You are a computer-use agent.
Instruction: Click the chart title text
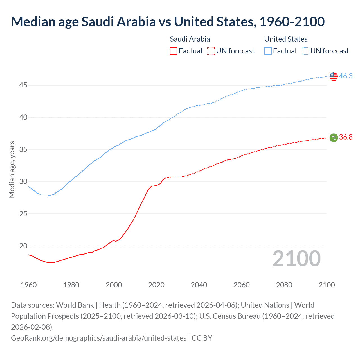point(168,22)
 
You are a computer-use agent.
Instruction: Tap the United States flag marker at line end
point(333,76)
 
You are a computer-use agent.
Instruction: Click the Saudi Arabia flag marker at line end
point(333,138)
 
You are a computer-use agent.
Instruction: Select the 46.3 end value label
point(346,76)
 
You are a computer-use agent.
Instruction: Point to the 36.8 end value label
point(346,137)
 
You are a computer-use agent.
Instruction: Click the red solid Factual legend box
point(174,51)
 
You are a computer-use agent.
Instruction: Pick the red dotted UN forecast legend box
point(211,51)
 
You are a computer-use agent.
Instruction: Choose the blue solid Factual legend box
point(268,51)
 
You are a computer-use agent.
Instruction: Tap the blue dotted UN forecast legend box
point(305,51)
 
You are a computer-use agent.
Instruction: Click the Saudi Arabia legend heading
point(190,39)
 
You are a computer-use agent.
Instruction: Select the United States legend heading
point(286,39)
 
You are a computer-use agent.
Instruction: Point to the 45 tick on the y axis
point(23,85)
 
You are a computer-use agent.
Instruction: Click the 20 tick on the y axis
point(23,246)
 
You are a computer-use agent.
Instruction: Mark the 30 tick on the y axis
point(23,181)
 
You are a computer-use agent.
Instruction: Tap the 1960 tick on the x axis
point(29,285)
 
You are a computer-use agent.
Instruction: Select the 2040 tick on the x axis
point(199,285)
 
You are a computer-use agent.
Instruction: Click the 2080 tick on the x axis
point(284,285)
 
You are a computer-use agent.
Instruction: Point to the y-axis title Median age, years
point(12,170)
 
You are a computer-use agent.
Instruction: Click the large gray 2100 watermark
point(296,258)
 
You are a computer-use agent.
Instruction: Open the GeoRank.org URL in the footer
point(99,338)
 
